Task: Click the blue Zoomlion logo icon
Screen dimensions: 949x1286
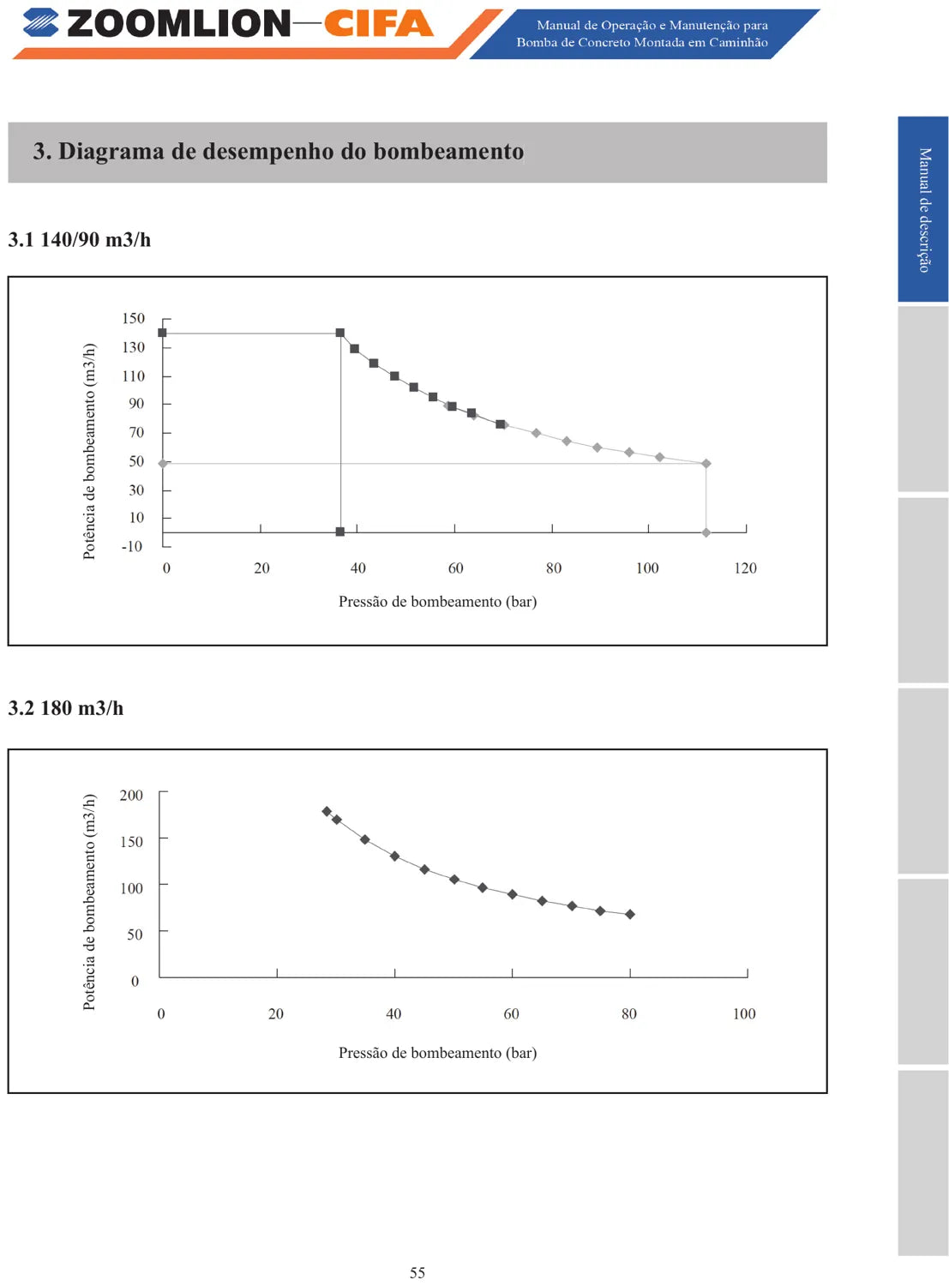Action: coord(40,22)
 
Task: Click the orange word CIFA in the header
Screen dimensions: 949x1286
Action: coord(378,23)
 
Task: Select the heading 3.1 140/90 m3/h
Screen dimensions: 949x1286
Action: coord(80,239)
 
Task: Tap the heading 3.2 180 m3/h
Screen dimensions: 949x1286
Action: coord(65,708)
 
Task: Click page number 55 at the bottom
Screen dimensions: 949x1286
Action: coord(417,1272)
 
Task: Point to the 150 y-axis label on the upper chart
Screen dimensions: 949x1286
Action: coord(134,318)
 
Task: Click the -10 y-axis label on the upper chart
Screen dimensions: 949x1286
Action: coord(132,546)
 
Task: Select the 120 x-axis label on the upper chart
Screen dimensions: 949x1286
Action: coord(745,568)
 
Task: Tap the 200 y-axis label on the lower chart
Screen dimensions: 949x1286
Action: coord(132,795)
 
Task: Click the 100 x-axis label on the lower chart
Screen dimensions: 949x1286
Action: coord(744,1013)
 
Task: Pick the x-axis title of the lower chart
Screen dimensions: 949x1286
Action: coord(438,1052)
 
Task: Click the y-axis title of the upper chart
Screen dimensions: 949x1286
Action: coord(88,452)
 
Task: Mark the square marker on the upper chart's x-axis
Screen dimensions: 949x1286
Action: coord(339,532)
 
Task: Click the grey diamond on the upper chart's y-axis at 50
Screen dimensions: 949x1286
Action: coord(163,463)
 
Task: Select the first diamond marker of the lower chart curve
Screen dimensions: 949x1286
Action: coord(327,811)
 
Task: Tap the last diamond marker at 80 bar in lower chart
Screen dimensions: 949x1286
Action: coord(630,915)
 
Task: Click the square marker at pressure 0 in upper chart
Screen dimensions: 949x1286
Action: coord(162,333)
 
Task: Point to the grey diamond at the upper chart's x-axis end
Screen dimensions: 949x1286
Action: coord(706,533)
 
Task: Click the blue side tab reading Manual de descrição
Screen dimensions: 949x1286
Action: coord(923,209)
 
